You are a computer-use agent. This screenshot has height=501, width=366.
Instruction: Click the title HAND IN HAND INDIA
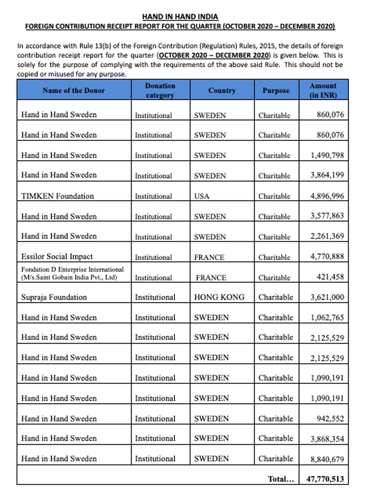point(180,16)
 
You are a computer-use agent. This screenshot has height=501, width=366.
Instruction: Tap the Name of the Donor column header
point(73,90)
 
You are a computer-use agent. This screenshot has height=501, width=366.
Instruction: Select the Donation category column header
point(160,90)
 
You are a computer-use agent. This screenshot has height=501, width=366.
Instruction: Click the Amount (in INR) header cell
point(323,90)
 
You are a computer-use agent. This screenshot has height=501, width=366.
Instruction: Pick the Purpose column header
point(276,90)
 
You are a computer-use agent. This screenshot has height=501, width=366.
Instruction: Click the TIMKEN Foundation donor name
point(57,196)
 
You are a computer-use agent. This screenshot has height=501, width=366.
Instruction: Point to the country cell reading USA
point(201,196)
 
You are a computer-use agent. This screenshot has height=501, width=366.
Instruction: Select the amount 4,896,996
point(327,196)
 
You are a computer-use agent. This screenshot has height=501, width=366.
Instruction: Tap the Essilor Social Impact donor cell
point(57,257)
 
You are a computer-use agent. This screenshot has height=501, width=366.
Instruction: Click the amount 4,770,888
point(327,257)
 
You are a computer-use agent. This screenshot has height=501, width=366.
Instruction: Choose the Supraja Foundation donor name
point(54,297)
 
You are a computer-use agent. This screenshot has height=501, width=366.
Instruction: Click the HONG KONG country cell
point(219,297)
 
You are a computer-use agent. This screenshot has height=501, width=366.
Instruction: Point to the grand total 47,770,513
point(325,479)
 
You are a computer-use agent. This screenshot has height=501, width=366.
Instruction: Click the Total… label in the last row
point(281,479)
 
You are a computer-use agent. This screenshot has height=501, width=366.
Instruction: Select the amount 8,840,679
point(327,459)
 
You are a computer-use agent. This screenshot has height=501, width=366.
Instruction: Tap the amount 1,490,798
point(327,156)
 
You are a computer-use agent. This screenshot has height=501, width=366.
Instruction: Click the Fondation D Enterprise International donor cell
point(73,273)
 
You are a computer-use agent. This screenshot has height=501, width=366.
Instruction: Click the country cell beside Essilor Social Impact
point(209,257)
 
